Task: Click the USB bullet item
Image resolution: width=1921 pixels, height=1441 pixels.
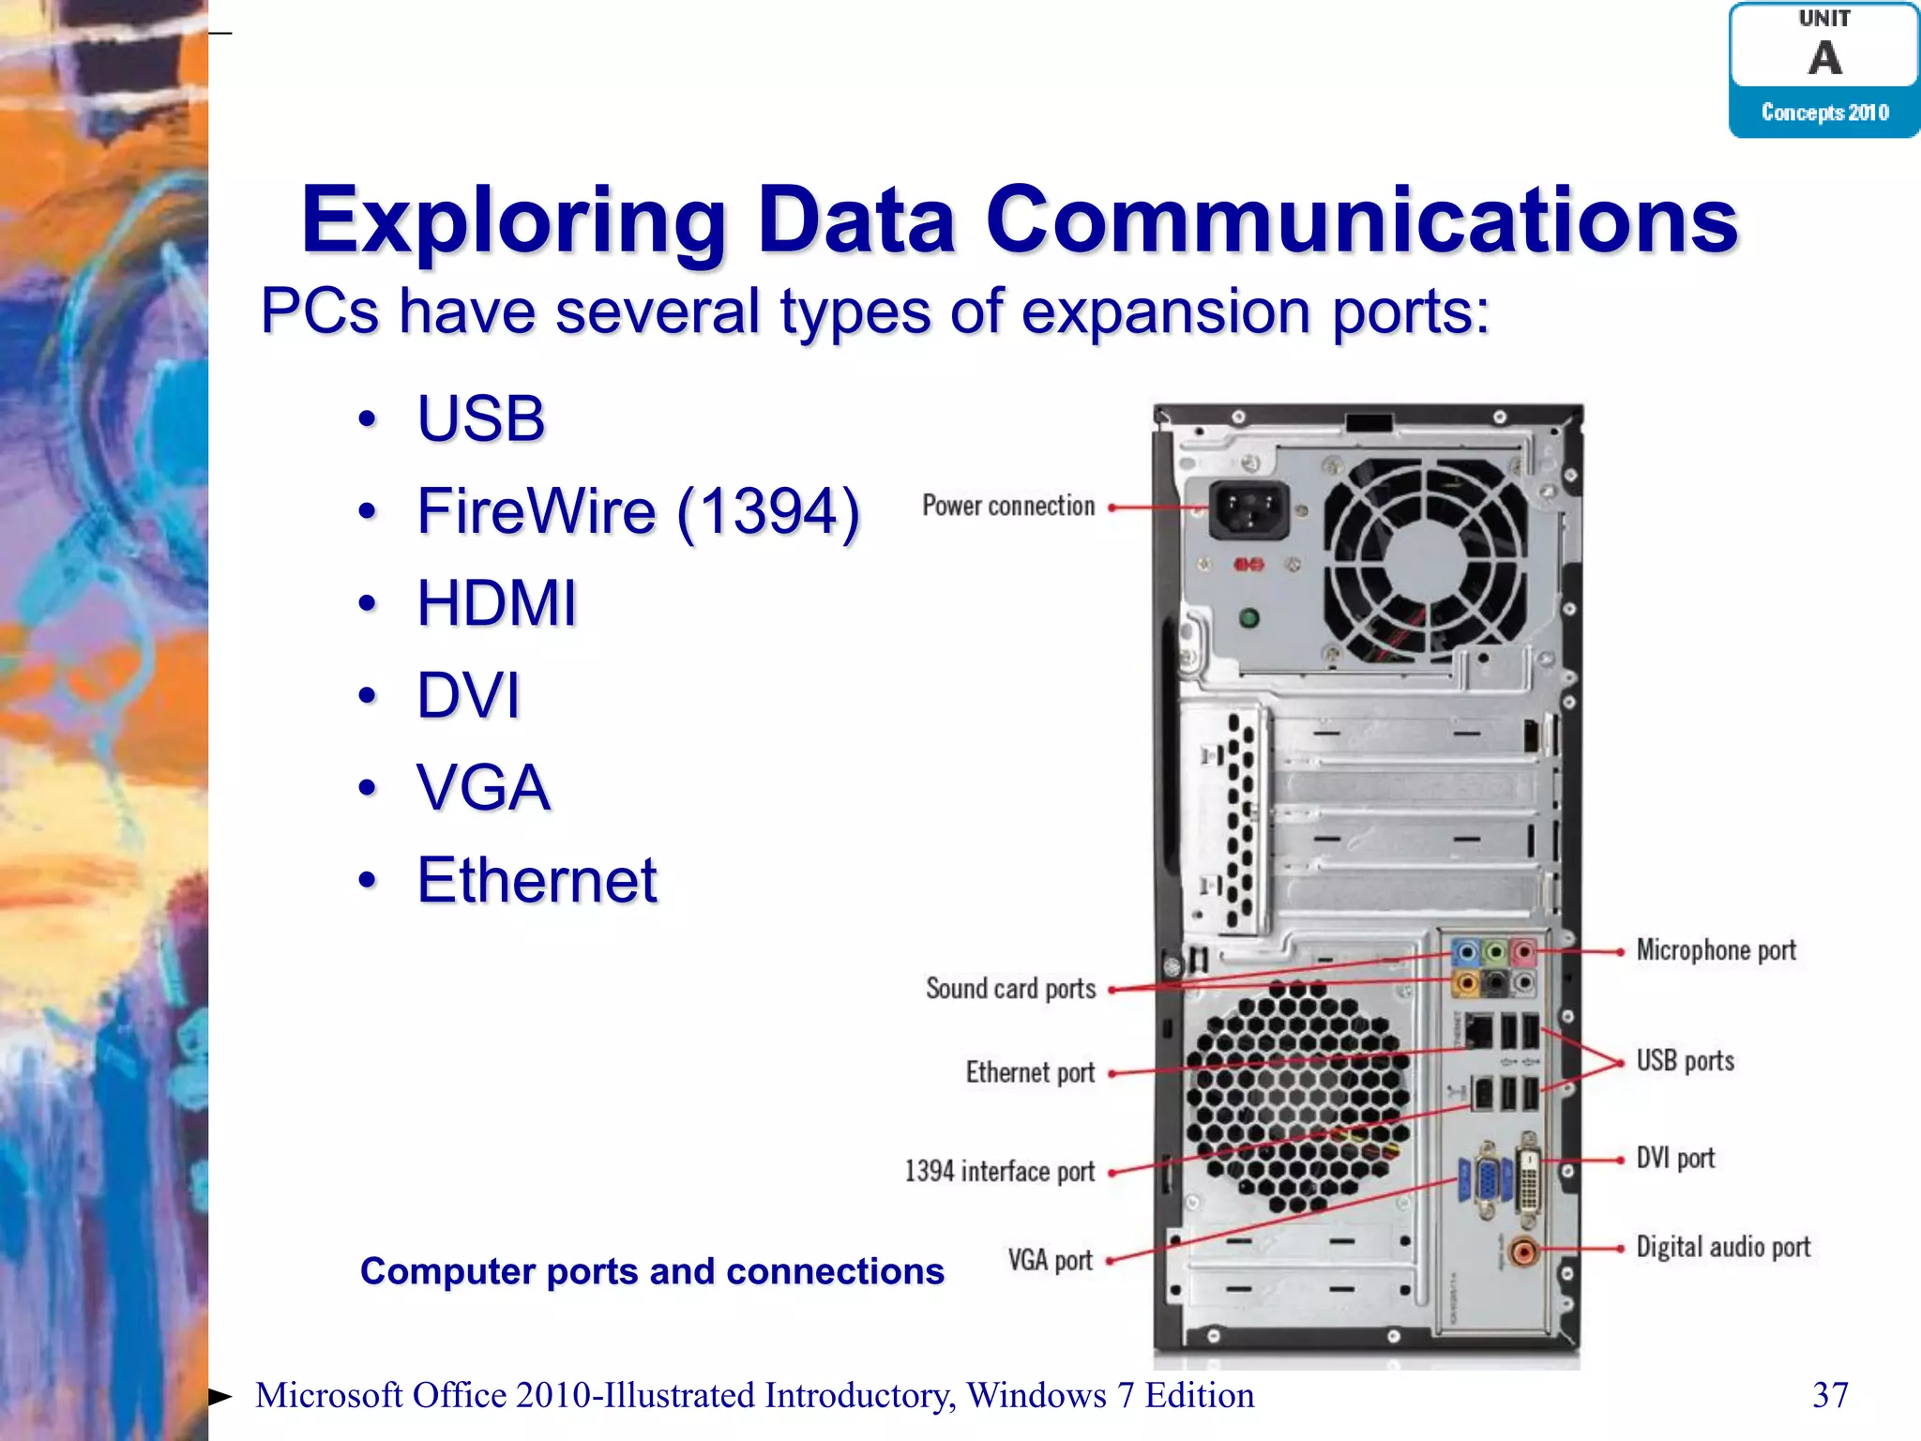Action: [x=480, y=418]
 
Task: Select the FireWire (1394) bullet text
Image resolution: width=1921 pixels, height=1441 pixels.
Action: [x=638, y=511]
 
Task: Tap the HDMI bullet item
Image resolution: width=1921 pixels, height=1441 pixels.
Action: [x=496, y=602]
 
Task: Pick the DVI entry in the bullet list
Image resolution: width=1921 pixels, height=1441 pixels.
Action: [x=468, y=695]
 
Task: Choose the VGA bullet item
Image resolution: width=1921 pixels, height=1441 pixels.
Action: [x=483, y=787]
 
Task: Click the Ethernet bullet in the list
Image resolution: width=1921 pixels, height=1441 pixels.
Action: [x=537, y=880]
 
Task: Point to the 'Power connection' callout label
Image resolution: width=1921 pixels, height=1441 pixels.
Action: [x=1008, y=507]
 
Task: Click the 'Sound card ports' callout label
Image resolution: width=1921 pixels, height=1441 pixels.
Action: [x=1010, y=989]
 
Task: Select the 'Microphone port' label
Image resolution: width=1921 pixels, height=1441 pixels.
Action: [x=1716, y=950]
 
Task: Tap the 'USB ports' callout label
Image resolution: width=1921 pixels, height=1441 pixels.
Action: [x=1685, y=1061]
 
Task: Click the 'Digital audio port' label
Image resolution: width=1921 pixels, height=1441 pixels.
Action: [x=1723, y=1247]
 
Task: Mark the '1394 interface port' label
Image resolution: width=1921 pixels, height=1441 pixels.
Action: [x=999, y=1172]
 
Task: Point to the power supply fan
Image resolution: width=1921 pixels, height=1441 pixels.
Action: [x=1426, y=561]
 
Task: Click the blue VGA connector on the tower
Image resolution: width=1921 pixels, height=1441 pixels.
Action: [x=1486, y=1179]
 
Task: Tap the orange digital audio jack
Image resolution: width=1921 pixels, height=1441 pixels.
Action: [x=1523, y=1251]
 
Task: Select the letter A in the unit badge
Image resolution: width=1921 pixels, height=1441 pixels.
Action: [x=1824, y=58]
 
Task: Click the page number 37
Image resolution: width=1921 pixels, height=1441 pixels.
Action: [x=1830, y=1395]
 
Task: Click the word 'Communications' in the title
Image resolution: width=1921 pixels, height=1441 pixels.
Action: [x=1362, y=220]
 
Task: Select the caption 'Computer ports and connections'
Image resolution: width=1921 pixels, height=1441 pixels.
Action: [x=652, y=1271]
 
